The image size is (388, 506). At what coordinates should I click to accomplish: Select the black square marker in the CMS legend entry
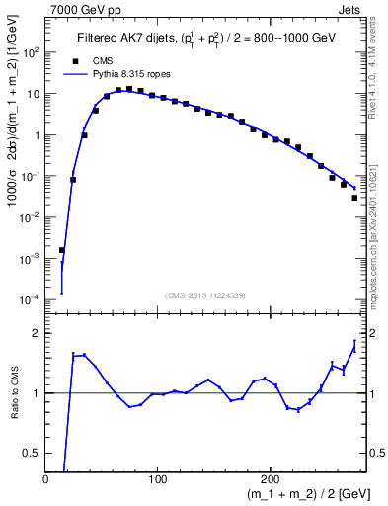click(72, 60)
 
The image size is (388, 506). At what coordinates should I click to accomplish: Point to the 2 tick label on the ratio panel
click(39, 333)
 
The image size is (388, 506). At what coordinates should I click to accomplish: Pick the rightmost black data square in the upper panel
click(354, 198)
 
